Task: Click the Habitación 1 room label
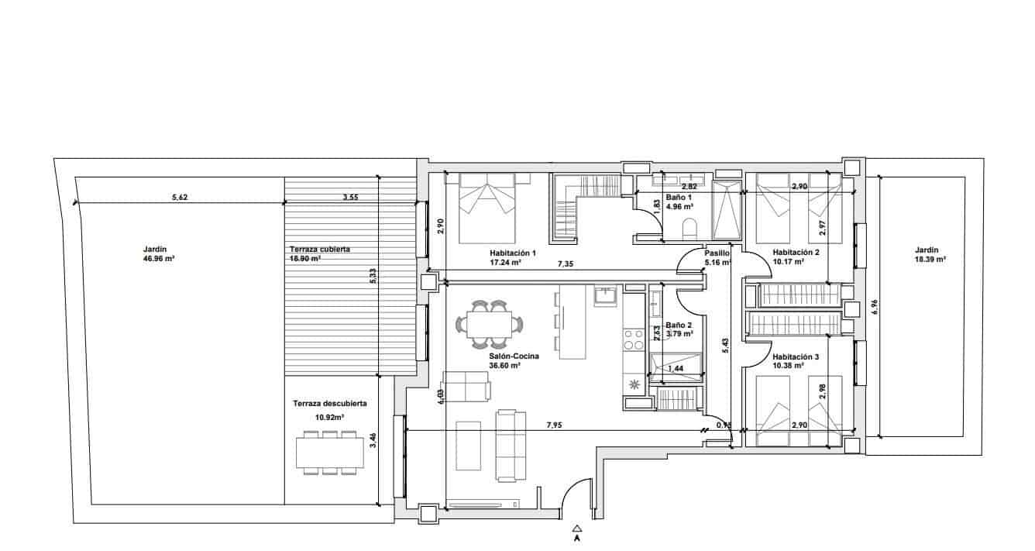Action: coord(513,253)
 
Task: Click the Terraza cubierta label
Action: coord(320,250)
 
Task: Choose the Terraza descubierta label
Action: coord(330,404)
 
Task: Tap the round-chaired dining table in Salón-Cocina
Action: coord(489,323)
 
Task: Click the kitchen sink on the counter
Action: coord(605,295)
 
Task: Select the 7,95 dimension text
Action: coord(555,425)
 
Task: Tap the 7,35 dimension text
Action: coord(566,264)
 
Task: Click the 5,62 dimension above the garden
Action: coord(179,198)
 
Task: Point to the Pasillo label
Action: coord(716,253)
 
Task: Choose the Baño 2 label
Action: coord(678,325)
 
